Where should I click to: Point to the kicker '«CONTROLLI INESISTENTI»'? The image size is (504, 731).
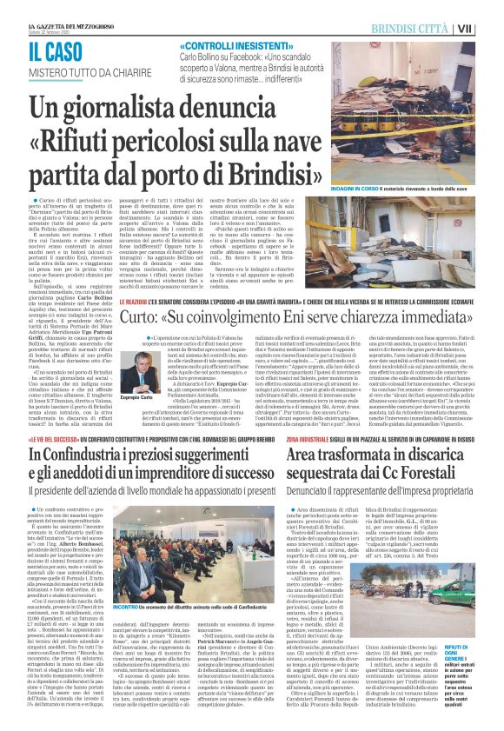pyautogui.click(x=228, y=45)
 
